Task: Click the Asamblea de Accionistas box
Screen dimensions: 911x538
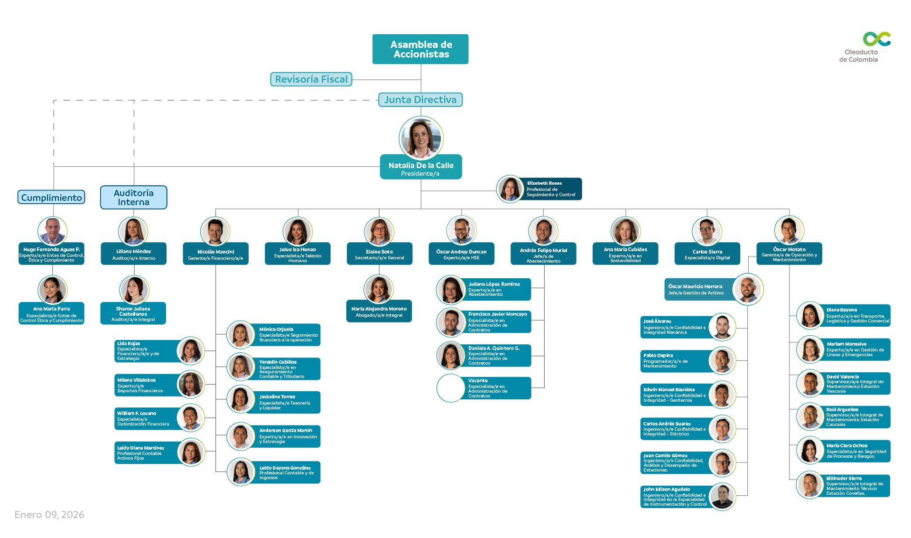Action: tap(420, 49)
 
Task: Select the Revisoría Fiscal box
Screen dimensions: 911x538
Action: tap(311, 79)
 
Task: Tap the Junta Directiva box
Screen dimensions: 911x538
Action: tap(420, 100)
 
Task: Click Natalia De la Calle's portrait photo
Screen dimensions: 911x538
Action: tap(421, 138)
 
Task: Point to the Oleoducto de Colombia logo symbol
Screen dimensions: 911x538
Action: tap(876, 39)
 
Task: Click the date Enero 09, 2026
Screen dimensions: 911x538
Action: tap(49, 515)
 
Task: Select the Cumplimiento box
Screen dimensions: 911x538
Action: tap(51, 198)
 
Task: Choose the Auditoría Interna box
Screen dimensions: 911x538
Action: tap(134, 198)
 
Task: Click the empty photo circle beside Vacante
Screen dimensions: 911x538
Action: tap(450, 388)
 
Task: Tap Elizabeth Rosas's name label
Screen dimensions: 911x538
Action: tap(544, 183)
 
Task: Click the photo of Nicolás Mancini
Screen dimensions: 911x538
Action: tap(215, 232)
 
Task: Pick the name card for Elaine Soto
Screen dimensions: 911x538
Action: tap(380, 254)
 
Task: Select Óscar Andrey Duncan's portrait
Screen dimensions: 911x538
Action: tap(462, 231)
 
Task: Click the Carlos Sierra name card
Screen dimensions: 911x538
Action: tap(707, 254)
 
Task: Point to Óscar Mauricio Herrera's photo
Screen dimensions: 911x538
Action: tap(748, 289)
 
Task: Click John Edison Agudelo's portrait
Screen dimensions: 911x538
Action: tap(722, 496)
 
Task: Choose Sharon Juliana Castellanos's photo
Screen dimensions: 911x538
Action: tap(134, 290)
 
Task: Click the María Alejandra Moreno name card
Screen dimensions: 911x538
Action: tap(379, 311)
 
